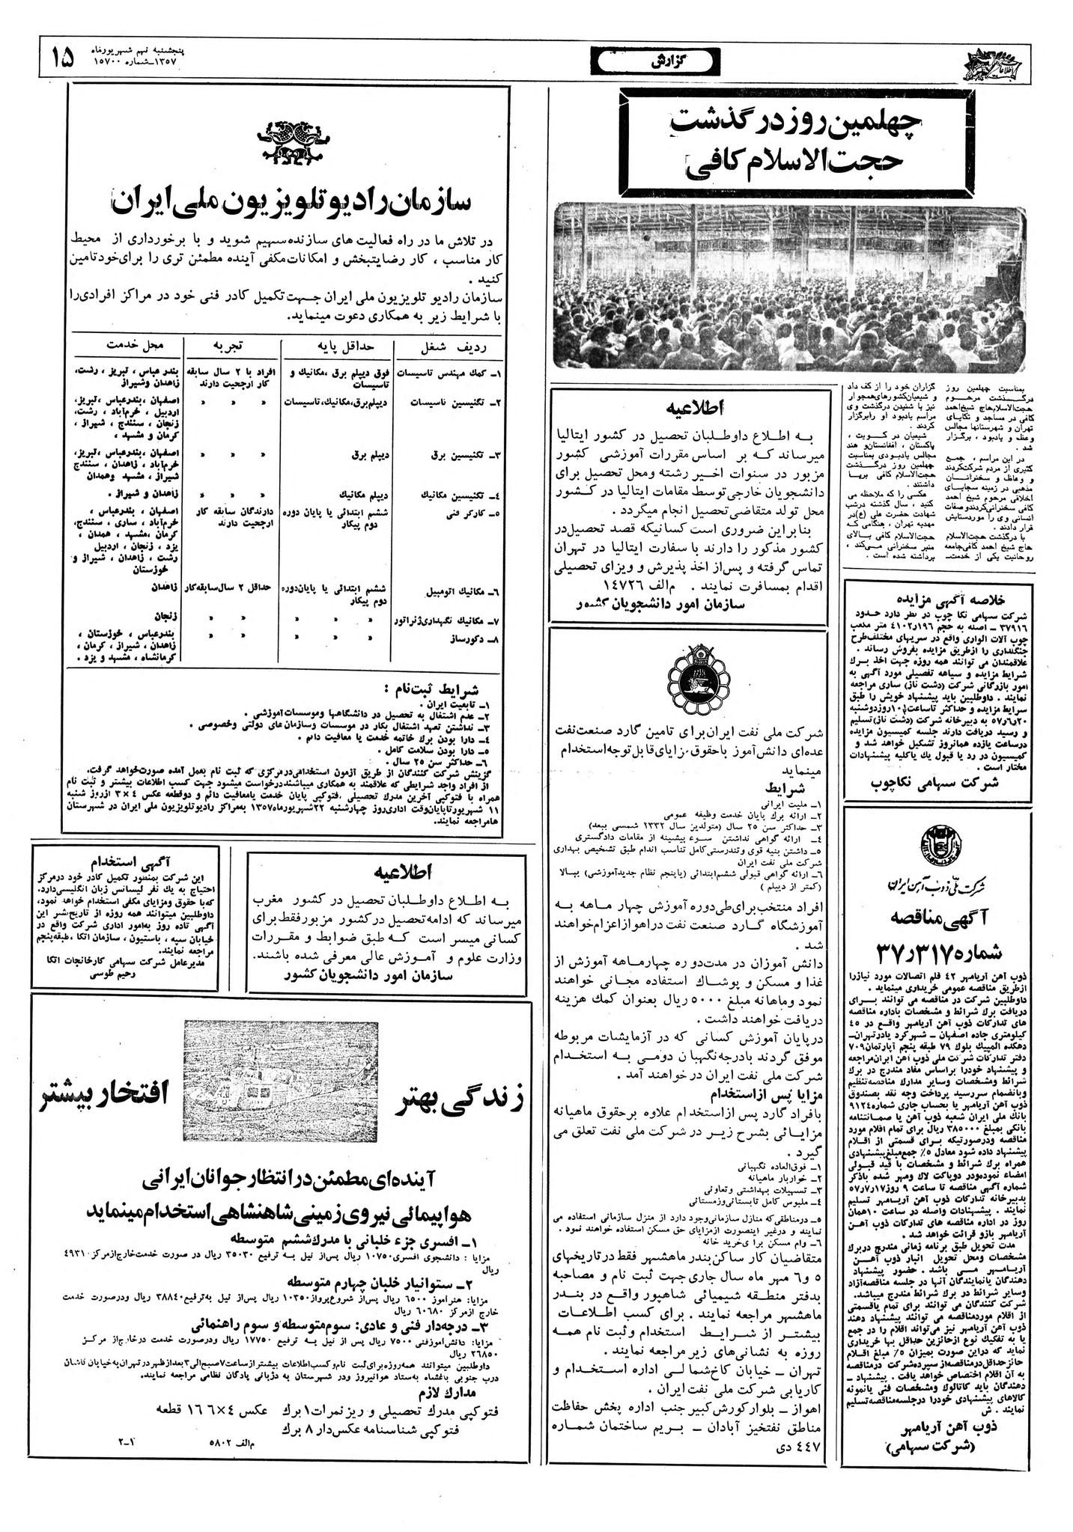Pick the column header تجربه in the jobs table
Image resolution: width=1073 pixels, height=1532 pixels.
(x=233, y=345)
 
